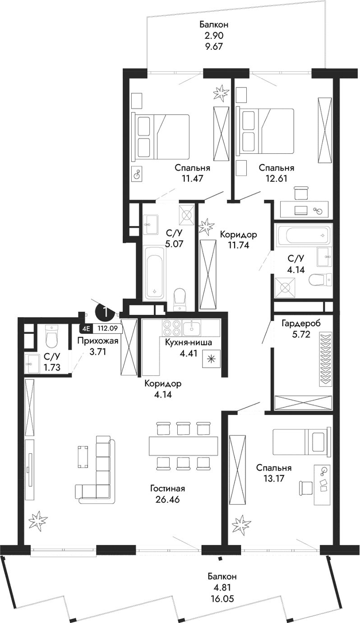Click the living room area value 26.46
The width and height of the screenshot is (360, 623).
tap(168, 498)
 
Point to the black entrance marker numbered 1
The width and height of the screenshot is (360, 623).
tap(104, 312)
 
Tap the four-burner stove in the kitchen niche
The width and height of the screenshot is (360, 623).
tap(171, 328)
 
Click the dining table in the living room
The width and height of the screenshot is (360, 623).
tap(183, 445)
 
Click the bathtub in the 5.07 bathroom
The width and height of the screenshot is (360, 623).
tap(155, 272)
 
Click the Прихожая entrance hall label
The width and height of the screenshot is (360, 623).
tap(97, 341)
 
